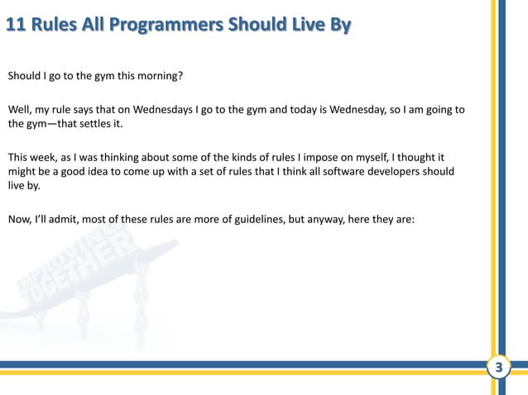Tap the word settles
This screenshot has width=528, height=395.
(97, 125)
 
